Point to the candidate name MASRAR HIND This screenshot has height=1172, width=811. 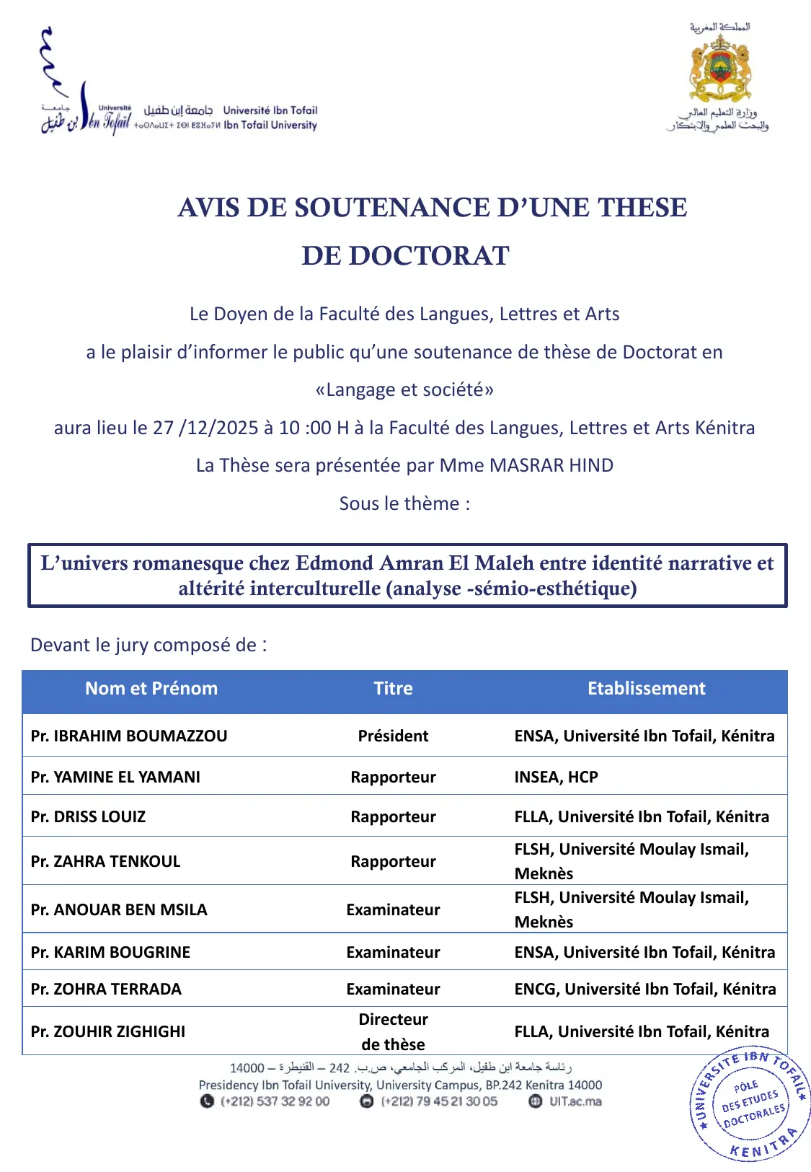(551, 465)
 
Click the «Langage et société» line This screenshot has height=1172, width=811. (404, 389)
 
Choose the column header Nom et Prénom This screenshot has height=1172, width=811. (151, 689)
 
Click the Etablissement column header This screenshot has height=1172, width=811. (646, 689)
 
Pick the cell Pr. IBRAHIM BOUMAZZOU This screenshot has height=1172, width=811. (129, 736)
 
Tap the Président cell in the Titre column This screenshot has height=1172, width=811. (393, 736)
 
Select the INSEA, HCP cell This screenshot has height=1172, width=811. (556, 777)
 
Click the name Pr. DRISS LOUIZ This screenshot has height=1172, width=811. (88, 816)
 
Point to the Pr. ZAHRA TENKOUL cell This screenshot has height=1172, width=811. (105, 861)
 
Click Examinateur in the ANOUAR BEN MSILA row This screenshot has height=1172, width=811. (393, 909)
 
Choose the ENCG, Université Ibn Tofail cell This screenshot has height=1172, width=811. (644, 989)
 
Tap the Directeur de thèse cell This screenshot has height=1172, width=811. (393, 1031)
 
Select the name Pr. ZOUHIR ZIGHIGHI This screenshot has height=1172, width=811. (108, 1031)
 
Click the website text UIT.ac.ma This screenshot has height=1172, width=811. (575, 1101)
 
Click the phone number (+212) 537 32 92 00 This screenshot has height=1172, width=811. (275, 1101)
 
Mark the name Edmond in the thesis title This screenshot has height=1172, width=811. (334, 563)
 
